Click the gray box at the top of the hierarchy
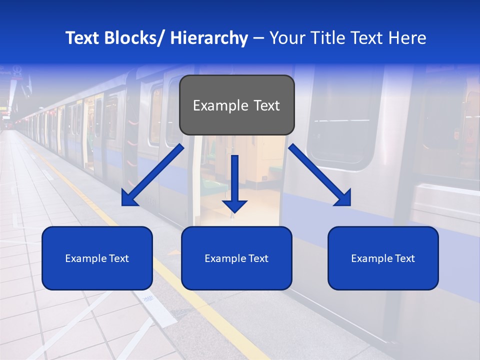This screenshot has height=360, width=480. [236, 105]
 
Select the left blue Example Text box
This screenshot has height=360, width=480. [97, 258]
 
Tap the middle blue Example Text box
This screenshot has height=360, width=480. [236, 258]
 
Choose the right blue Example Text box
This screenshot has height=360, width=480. [383, 258]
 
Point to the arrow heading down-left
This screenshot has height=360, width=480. [152, 175]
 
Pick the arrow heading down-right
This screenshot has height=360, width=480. [320, 175]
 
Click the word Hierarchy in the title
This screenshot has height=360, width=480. [209, 38]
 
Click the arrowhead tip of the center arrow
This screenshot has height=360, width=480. [234, 211]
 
